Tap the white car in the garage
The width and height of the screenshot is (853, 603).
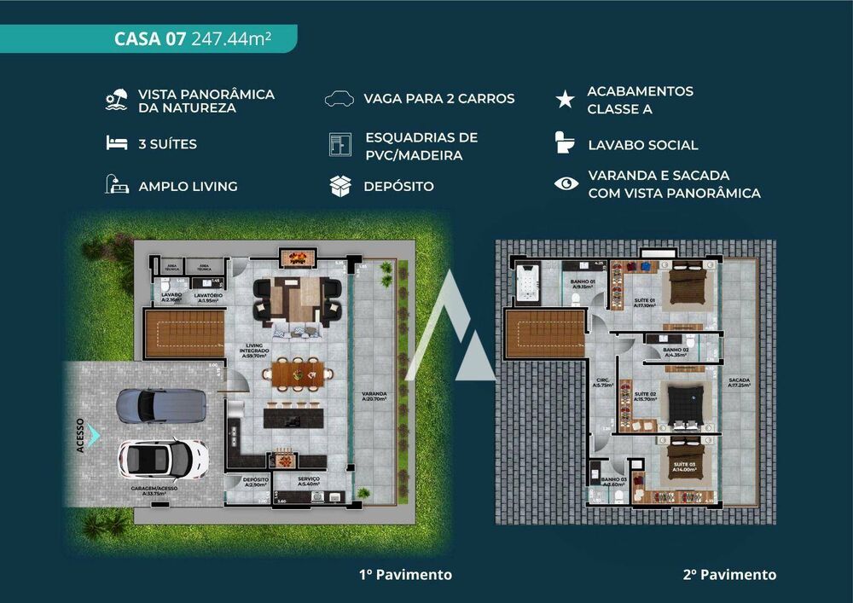(x=163, y=458)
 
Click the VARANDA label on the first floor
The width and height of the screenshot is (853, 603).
(x=374, y=397)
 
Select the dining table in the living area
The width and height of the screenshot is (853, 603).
(x=296, y=373)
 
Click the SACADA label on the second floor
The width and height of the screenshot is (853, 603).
(x=739, y=383)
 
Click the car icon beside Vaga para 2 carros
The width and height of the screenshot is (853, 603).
(x=339, y=98)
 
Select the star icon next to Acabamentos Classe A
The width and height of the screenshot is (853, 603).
(x=565, y=99)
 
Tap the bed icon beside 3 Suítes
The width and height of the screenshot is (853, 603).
(x=116, y=144)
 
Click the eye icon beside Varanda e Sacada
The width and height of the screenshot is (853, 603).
(x=566, y=183)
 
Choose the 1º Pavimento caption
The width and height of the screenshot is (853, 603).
(x=405, y=575)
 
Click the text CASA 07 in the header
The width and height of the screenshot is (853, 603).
(x=150, y=39)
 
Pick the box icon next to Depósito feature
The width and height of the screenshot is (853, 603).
(x=340, y=186)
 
